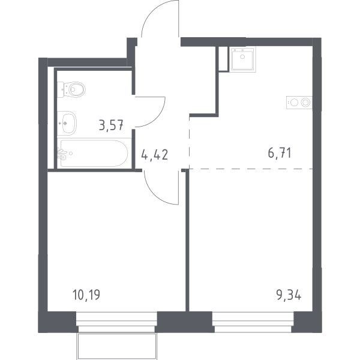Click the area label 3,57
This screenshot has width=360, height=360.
[112, 125]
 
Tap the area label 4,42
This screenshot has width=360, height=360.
[155, 154]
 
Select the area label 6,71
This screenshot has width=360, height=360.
[280, 153]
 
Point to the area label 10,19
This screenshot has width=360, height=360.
[86, 295]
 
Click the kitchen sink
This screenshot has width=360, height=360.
[242, 60]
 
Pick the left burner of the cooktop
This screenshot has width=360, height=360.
[294, 103]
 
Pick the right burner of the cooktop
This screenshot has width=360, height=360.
[305, 103]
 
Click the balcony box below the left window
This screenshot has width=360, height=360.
[116, 346]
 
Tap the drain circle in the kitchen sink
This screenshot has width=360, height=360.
[242, 56]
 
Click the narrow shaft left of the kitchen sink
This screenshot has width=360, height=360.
[223, 59]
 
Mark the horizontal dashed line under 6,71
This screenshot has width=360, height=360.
[251, 169]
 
